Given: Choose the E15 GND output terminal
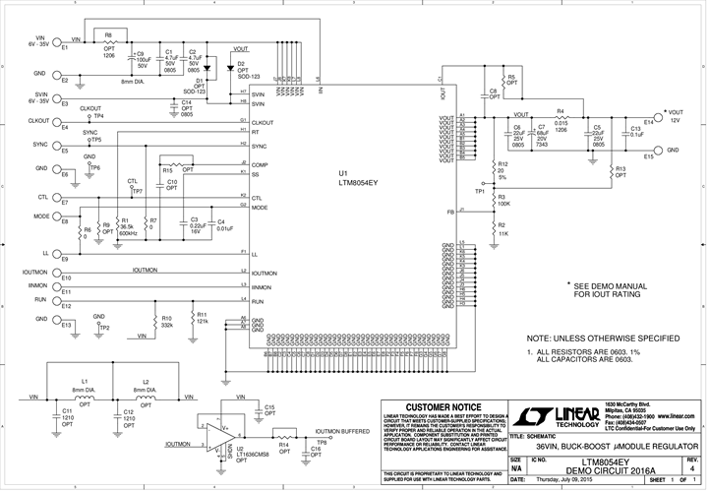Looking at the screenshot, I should tap(651, 151).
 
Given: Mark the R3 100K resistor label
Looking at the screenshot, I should tap(502, 200).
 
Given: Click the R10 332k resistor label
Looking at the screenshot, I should tap(167, 322).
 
